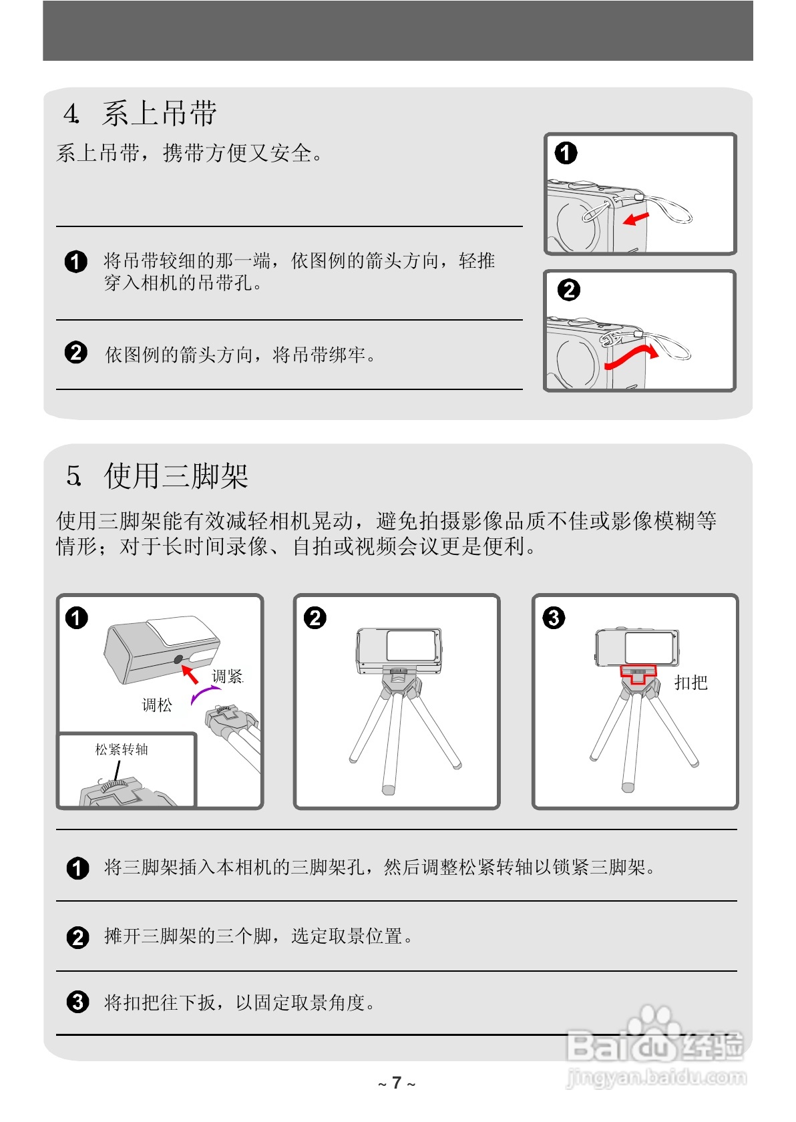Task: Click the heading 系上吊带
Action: pos(159,114)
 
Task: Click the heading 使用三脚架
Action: pos(176,476)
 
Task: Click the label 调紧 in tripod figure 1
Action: pos(227,677)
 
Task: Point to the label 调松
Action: pos(157,705)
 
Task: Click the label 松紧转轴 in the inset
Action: pos(122,749)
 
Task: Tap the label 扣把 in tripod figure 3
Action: pos(690,683)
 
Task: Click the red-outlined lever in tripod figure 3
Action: pos(637,675)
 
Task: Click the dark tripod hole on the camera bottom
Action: pos(178,660)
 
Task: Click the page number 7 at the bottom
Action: pos(397,1083)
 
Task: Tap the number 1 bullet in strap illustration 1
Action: pos(566,153)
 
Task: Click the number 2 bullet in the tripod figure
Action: pos(315,618)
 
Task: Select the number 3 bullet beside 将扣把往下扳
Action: pos(77,1002)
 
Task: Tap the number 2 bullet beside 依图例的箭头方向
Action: pos(76,353)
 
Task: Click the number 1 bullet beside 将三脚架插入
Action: pos(77,868)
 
